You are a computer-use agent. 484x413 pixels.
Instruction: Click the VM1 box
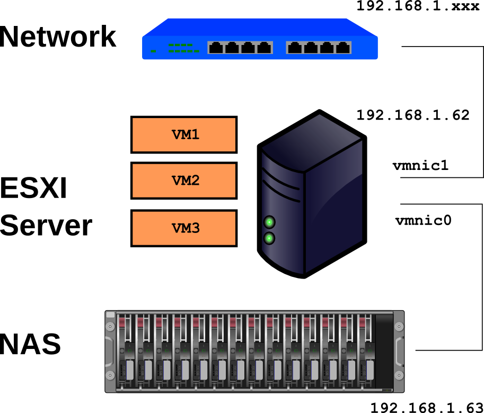(x=184, y=134)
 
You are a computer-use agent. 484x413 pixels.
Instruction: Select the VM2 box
(x=184, y=181)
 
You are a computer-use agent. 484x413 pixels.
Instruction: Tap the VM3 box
(x=184, y=228)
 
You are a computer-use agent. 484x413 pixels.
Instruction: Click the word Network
(x=58, y=37)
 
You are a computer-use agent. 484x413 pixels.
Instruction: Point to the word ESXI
(x=33, y=188)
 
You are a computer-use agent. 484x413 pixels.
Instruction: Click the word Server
(x=46, y=226)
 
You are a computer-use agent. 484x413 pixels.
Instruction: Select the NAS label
(x=30, y=344)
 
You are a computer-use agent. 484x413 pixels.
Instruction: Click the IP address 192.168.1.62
(x=413, y=115)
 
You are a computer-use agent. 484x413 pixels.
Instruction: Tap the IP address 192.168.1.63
(x=427, y=407)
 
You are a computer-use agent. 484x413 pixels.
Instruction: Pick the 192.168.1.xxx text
(x=418, y=6)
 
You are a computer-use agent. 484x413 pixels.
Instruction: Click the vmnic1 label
(x=420, y=165)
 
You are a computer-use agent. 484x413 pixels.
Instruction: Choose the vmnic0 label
(x=423, y=220)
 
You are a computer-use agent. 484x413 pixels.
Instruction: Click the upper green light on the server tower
(x=270, y=221)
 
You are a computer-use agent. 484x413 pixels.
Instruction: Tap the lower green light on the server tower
(x=270, y=238)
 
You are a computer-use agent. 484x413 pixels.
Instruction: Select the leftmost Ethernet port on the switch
(x=215, y=48)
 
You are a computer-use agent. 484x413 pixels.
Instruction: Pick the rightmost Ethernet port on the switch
(x=343, y=48)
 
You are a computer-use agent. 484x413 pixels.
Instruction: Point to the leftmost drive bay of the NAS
(x=125, y=352)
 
